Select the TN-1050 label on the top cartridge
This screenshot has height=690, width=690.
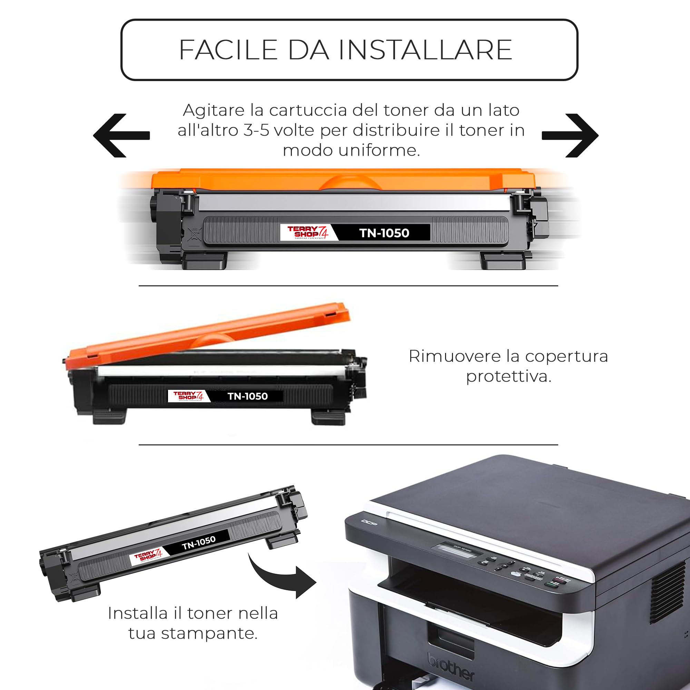coord(384,233)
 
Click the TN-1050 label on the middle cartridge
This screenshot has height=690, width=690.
coord(247,396)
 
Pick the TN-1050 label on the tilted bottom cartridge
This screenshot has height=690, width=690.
coord(199,542)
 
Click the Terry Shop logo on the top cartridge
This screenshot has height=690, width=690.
coord(307,233)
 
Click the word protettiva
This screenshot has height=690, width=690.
coord(509,376)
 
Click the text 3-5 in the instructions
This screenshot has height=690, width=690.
coord(256,130)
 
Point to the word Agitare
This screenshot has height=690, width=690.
coord(214,110)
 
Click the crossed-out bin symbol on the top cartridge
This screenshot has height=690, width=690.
coord(195,234)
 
